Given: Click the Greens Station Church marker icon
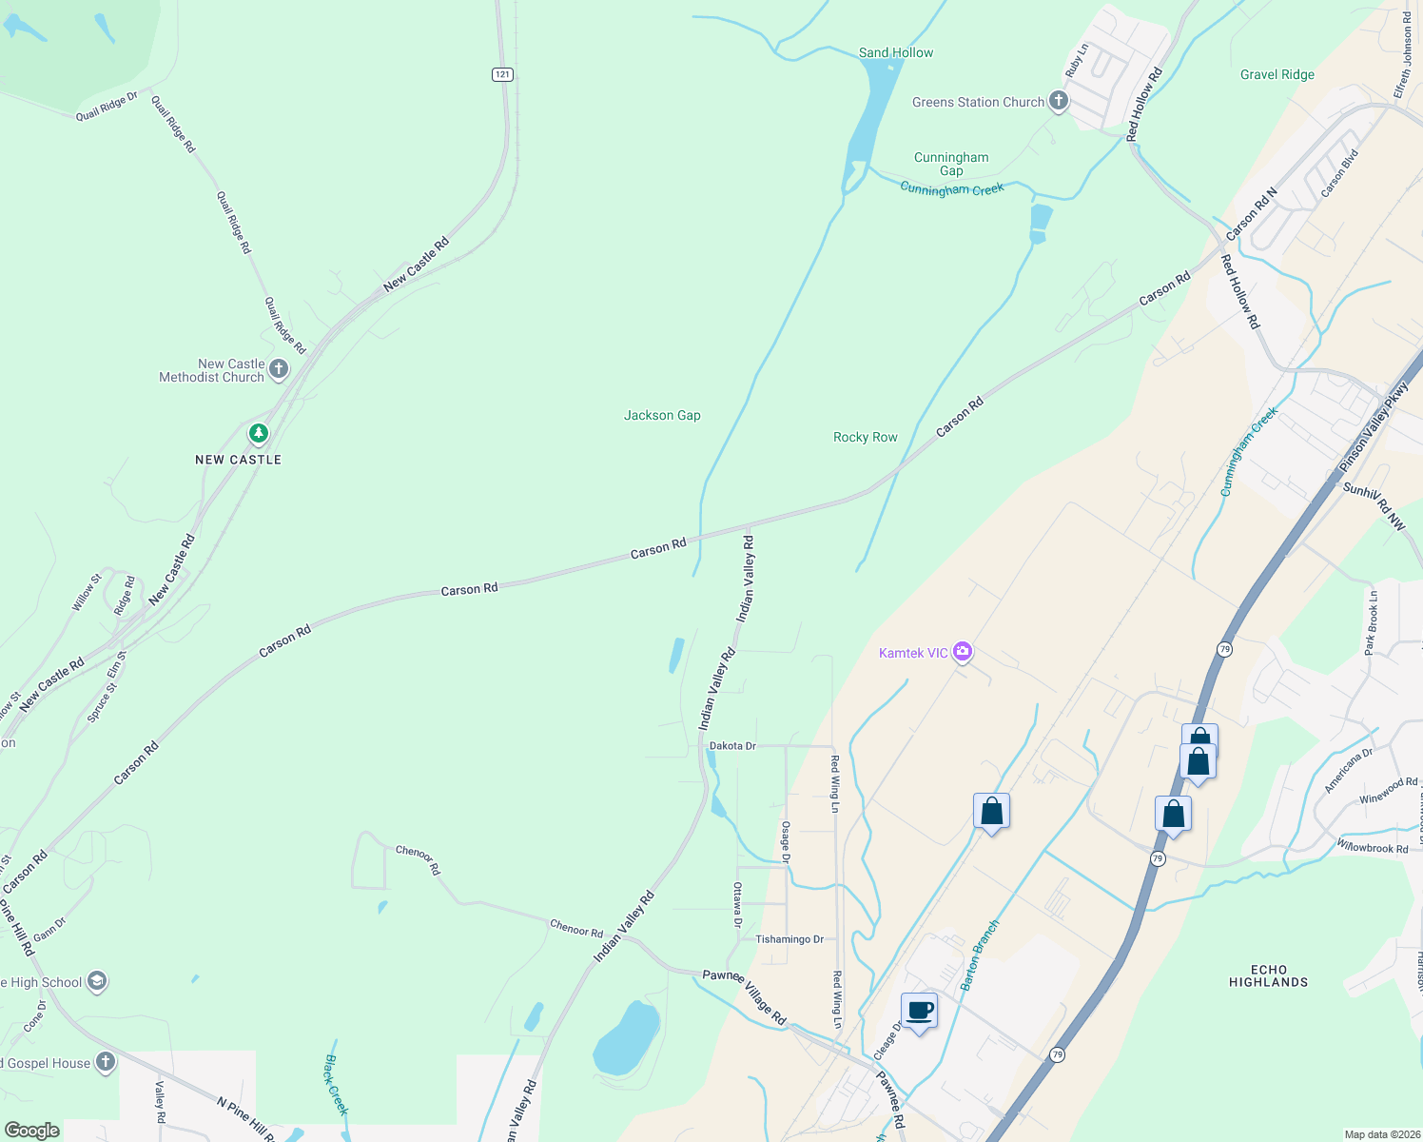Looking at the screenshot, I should (1059, 102).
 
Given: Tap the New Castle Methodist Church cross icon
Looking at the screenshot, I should (278, 369).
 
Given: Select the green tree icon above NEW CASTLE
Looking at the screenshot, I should (258, 434).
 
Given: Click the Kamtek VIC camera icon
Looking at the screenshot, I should (963, 652).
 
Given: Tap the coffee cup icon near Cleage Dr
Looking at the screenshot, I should (919, 1011).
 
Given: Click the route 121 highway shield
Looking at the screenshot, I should (502, 74).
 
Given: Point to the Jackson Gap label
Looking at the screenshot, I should (662, 415).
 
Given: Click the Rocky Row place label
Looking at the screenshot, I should (865, 437).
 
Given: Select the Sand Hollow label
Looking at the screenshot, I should (896, 52).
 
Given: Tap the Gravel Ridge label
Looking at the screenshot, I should (1277, 74).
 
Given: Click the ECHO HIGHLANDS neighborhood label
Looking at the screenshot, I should (1268, 975).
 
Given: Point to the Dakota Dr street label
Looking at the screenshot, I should (732, 746).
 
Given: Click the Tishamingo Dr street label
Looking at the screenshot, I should (789, 939).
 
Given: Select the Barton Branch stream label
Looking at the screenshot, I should (980, 955).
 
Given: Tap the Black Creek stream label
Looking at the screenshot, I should (337, 1084).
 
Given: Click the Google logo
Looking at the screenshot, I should (31, 1131).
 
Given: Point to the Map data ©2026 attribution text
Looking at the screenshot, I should (1381, 1134).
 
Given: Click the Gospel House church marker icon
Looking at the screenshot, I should (105, 1062).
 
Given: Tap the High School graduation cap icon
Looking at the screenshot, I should (96, 981).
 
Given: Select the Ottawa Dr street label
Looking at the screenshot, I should (737, 904).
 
